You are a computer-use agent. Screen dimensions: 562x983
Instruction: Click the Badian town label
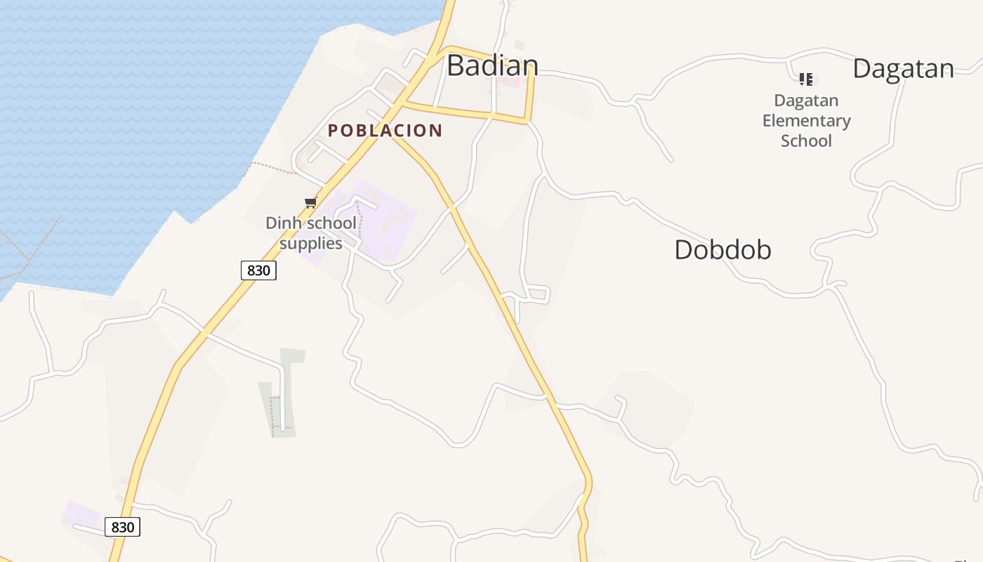[x=492, y=65]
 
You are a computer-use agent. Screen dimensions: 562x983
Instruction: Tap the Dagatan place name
[x=903, y=69]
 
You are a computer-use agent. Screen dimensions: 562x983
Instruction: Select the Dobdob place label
[x=723, y=249]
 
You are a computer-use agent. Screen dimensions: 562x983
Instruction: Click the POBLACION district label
[x=385, y=131]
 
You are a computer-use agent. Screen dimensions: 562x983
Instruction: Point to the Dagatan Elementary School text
[x=806, y=121]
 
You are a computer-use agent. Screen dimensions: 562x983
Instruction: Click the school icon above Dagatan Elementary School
[x=806, y=79]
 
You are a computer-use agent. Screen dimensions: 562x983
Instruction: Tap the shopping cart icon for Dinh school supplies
[x=310, y=203]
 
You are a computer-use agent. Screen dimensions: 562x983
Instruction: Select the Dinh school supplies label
[x=310, y=233]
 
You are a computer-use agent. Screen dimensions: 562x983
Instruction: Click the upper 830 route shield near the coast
[x=258, y=270]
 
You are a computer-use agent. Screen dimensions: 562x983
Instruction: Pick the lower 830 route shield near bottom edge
[x=122, y=527]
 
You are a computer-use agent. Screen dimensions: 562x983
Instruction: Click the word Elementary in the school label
[x=806, y=121]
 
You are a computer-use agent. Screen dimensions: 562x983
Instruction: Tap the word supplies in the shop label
[x=310, y=244]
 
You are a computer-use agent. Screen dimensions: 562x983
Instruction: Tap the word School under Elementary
[x=806, y=140]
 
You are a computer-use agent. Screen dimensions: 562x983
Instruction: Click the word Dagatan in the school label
[x=806, y=100]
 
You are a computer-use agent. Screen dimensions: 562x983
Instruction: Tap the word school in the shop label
[x=329, y=223]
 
